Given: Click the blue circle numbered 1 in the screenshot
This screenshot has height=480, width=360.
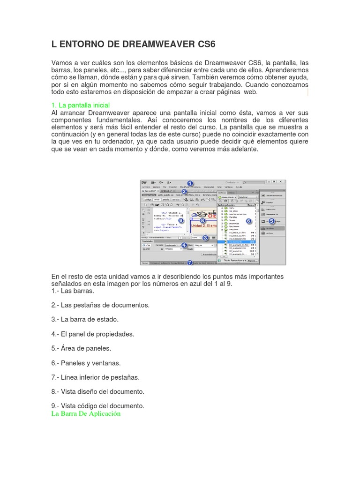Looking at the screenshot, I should click(190, 183).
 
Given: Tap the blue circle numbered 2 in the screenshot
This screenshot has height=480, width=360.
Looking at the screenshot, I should click(184, 191).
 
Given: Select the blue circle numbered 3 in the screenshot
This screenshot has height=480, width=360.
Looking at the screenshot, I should click(205, 238).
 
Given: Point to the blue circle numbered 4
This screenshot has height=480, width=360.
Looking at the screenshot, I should click(184, 245).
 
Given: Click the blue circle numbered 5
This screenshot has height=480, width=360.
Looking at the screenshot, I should click(271, 221).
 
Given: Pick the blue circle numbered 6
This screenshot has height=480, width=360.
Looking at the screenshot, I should click(249, 221).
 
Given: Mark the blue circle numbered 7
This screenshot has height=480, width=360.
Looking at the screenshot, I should click(190, 262).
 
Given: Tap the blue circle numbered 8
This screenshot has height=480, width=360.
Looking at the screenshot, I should click(202, 220).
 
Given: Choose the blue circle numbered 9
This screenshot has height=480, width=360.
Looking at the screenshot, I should click(181, 220).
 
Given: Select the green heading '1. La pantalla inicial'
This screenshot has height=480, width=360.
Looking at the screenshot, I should click(80, 105).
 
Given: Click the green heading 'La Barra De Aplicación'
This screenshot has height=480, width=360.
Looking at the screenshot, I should click(86, 414).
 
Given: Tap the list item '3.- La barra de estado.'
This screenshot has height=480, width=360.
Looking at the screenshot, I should click(85, 319).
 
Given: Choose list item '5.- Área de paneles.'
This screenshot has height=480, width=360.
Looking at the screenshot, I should click(81, 348).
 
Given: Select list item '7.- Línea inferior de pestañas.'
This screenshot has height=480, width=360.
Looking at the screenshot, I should click(96, 377).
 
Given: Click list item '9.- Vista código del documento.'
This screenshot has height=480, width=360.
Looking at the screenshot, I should click(97, 405).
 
